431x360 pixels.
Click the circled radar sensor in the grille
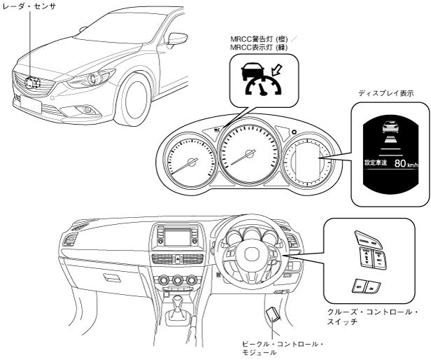pos(30,81)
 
